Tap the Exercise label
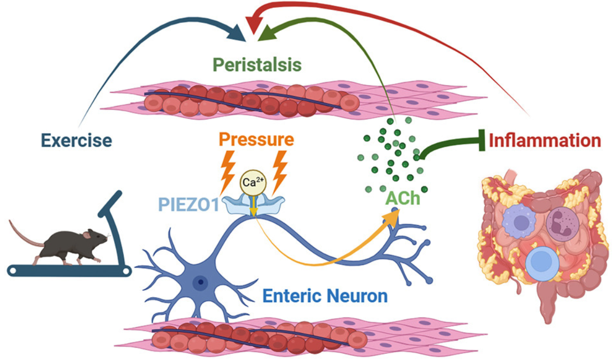(76, 140)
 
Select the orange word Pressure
(256, 140)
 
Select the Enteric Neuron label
(325, 296)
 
